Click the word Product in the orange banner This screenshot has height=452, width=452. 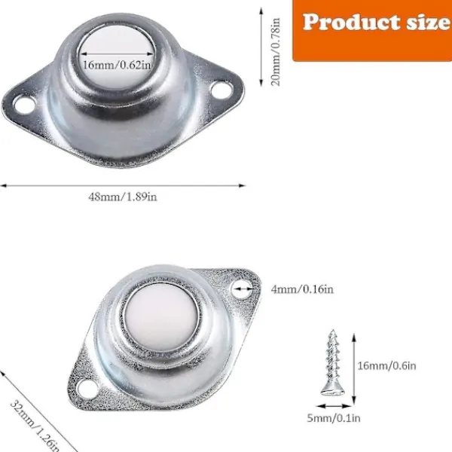click(352, 22)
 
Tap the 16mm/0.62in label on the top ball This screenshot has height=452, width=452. click(117, 65)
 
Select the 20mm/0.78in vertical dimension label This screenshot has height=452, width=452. click(275, 52)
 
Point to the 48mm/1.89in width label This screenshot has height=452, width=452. click(123, 197)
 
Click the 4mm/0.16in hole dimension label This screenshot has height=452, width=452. click(302, 289)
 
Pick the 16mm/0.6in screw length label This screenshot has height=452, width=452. click(387, 366)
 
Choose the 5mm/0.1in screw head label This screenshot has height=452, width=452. click(334, 418)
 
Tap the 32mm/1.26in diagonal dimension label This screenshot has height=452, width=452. click(35, 426)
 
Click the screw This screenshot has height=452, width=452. click(333, 362)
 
